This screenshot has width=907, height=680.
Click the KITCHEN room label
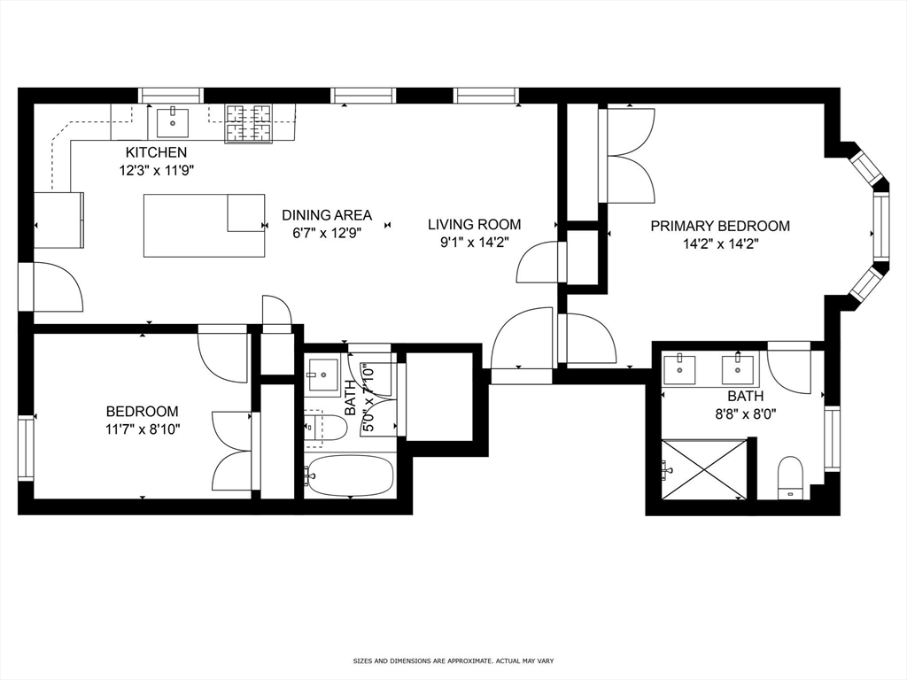[156, 152]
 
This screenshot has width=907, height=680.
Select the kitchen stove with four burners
[248, 123]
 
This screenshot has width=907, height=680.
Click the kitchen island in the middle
[204, 226]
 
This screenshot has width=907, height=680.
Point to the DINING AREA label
[327, 215]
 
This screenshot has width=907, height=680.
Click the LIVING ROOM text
[474, 224]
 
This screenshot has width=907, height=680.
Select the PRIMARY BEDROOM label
[720, 226]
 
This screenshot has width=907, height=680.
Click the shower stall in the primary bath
[705, 469]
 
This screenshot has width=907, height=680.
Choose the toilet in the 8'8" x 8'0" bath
[789, 477]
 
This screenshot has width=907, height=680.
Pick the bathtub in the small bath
[349, 476]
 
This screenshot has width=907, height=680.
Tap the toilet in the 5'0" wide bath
[324, 428]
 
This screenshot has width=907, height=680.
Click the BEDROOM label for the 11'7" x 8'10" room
[142, 411]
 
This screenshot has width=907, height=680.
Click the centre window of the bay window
[880, 227]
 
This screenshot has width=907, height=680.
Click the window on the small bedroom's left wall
[26, 448]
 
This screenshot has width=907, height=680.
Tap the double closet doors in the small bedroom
[233, 451]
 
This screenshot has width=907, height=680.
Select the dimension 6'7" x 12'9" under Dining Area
[326, 233]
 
